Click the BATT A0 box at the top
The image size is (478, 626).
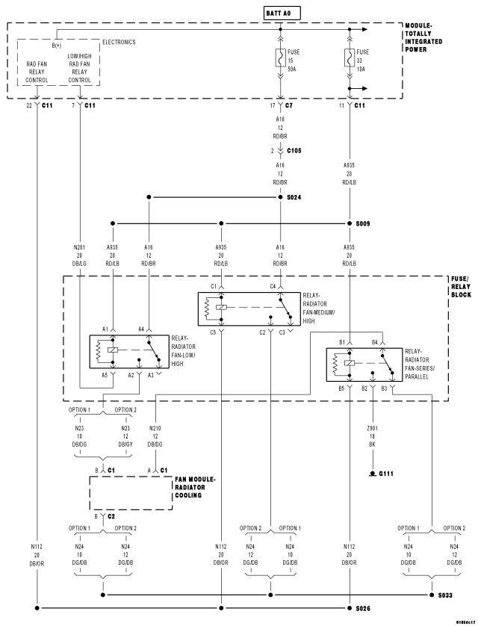282,13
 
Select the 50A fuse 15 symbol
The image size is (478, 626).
281,58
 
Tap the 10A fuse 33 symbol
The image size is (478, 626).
350,58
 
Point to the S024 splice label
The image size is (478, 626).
294,197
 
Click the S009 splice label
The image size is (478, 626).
363,223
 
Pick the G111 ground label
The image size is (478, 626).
386,474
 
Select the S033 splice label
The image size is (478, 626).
445,595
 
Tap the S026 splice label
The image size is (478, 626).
363,608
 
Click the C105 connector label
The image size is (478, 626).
294,150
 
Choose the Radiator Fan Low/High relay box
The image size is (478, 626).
129,352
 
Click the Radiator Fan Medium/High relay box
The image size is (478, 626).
249,309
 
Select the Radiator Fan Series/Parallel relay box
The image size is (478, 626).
364,365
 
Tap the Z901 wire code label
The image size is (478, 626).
372,428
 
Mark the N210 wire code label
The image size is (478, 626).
155,428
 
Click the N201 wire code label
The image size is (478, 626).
79,247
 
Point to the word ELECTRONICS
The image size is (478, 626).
119,42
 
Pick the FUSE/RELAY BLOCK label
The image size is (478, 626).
461,287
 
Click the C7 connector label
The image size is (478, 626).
289,105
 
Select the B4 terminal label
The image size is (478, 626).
375,342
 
